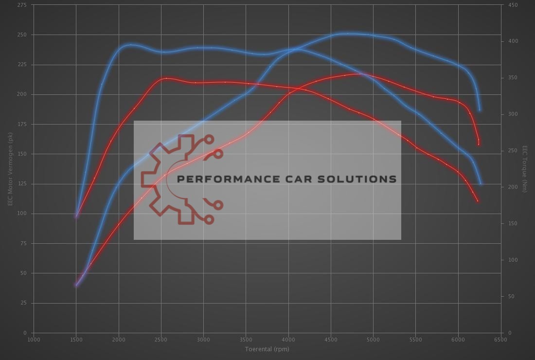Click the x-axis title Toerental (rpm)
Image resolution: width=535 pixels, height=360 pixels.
[x=267, y=349]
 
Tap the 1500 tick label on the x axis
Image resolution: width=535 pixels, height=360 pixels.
[x=76, y=340]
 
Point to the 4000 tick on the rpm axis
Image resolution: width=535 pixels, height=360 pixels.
[x=288, y=340]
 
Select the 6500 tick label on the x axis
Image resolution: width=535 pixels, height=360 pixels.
[x=500, y=340]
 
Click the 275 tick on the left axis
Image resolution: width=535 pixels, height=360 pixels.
[x=22, y=5]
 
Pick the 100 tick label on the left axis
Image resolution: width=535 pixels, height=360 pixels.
[x=22, y=214]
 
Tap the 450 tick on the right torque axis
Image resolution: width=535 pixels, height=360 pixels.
[x=513, y=5]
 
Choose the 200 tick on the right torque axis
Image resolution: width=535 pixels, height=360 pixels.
[x=513, y=187]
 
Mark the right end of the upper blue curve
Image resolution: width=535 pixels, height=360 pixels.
[x=480, y=110]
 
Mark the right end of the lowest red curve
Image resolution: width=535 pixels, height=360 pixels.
[x=478, y=200]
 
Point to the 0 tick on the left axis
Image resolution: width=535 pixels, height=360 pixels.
[x=25, y=333]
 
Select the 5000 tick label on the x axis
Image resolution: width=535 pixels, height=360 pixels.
[x=373, y=340]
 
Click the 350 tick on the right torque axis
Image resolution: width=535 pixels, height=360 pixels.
[x=513, y=78]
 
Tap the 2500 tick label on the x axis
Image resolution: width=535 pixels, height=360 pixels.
[x=161, y=340]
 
